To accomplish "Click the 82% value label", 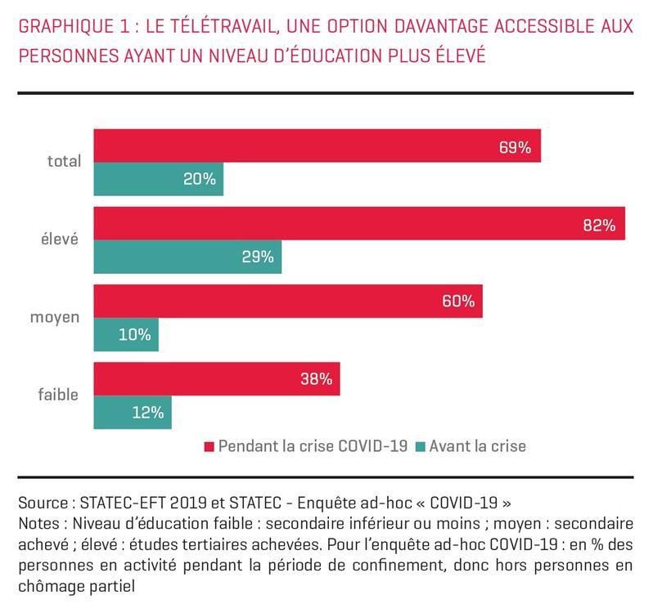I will click(x=598, y=225).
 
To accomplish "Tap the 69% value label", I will click(x=515, y=148).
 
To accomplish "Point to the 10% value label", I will click(x=134, y=334).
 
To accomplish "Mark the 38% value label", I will click(x=316, y=379).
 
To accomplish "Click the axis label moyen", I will click(x=55, y=316).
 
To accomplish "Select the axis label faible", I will click(x=58, y=394).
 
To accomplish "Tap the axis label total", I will click(x=64, y=161).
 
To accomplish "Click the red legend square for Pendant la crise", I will click(x=209, y=446).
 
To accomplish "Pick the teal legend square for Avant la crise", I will click(x=421, y=446).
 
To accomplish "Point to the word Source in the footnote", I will click(x=43, y=501).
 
